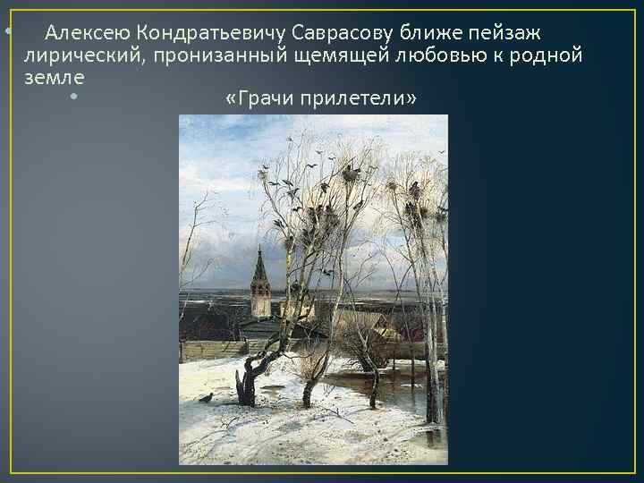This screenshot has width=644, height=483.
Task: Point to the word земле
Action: (48, 78)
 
